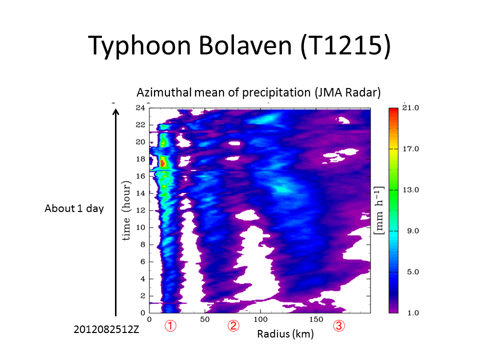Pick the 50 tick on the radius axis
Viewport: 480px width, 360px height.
205,318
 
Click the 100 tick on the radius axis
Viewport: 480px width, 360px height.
260,318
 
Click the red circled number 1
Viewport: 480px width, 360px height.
170,326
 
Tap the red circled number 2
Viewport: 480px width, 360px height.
233,326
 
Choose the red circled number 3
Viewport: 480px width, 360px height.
339,326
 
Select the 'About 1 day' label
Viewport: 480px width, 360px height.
74,208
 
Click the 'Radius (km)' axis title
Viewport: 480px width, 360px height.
285,334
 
